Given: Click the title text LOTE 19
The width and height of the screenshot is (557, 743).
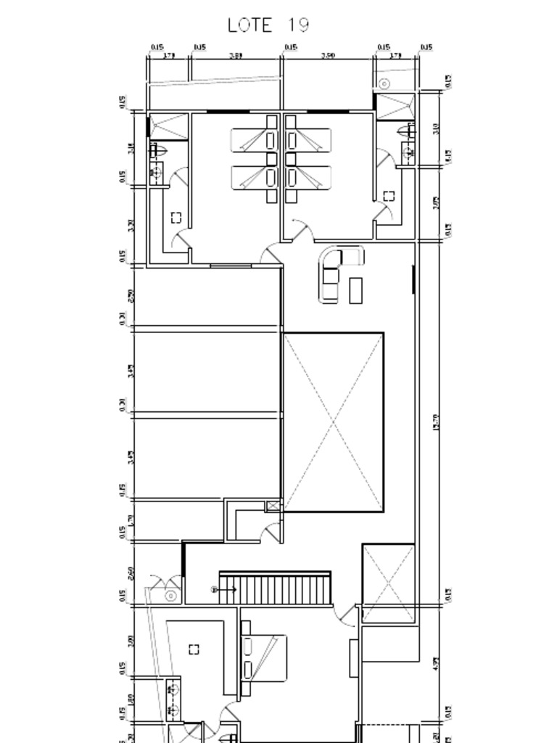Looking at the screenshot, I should pyautogui.click(x=268, y=25).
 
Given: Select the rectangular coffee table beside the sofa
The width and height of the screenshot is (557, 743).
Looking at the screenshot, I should pyautogui.click(x=355, y=290).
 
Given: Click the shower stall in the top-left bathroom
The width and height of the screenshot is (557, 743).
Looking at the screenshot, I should pyautogui.click(x=168, y=127).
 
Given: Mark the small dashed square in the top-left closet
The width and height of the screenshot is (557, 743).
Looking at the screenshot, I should pyautogui.click(x=176, y=218).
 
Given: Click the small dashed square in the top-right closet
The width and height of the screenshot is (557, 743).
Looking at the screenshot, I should pyautogui.click(x=389, y=196).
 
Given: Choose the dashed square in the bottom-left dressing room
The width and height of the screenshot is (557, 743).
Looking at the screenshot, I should pyautogui.click(x=194, y=649).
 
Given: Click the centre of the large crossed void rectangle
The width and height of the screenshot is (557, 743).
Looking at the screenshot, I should pyautogui.click(x=333, y=422).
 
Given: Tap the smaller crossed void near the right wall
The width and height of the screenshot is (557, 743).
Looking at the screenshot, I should pyautogui.click(x=389, y=583).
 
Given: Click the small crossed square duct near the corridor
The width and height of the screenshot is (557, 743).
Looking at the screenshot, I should pyautogui.click(x=273, y=506).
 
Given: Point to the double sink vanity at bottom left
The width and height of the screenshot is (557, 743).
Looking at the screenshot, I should pyautogui.click(x=173, y=699).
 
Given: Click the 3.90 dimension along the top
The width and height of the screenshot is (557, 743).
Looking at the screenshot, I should pyautogui.click(x=328, y=55).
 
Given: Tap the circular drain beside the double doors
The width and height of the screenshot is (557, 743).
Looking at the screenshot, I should pyautogui.click(x=171, y=596).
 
